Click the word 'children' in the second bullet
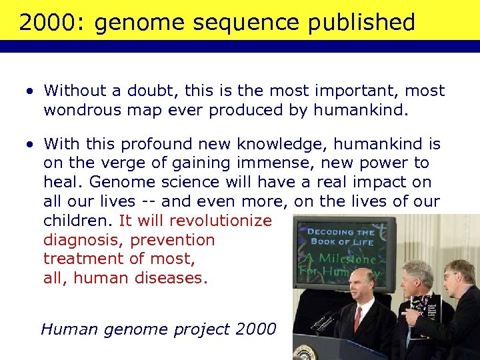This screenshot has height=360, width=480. [79, 221]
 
